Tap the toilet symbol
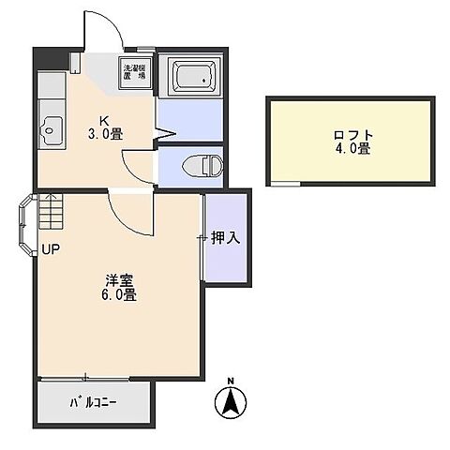click(202, 165)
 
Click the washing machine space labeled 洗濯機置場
click(135, 72)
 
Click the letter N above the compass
click(231, 381)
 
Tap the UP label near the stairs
click(52, 249)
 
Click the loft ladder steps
click(51, 211)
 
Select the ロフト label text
click(353, 136)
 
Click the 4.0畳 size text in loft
click(353, 148)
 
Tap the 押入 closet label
click(226, 238)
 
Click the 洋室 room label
click(119, 280)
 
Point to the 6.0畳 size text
click(119, 295)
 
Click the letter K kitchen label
click(104, 121)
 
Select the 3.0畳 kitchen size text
click(105, 134)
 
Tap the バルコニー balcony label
click(93, 402)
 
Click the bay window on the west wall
click(26, 225)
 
